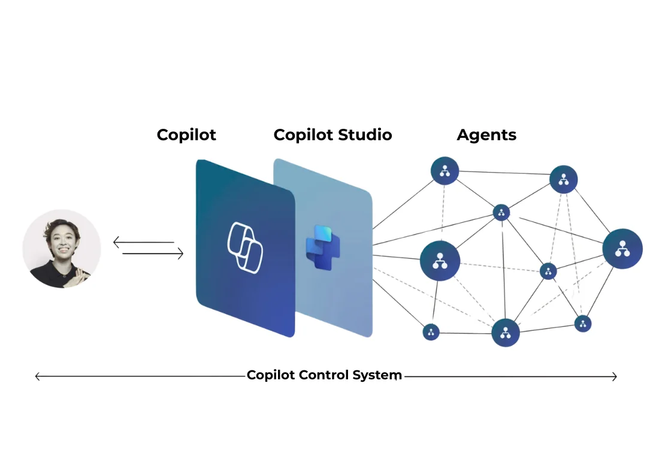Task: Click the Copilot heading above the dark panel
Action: point(186,135)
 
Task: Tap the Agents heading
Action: point(486,135)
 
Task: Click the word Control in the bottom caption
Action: point(323,376)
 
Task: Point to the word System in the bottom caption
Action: point(379,376)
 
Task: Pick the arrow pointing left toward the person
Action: point(143,243)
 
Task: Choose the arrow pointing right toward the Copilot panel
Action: point(153,254)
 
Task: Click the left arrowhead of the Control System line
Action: point(38,376)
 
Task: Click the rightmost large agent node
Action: point(622,248)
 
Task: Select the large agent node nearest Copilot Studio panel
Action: point(440,261)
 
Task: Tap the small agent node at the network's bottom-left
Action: point(431,332)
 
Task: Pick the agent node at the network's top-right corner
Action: point(563,179)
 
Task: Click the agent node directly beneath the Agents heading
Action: point(445,171)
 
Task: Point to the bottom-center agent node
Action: point(505,333)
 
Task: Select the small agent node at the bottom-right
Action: point(583,324)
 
